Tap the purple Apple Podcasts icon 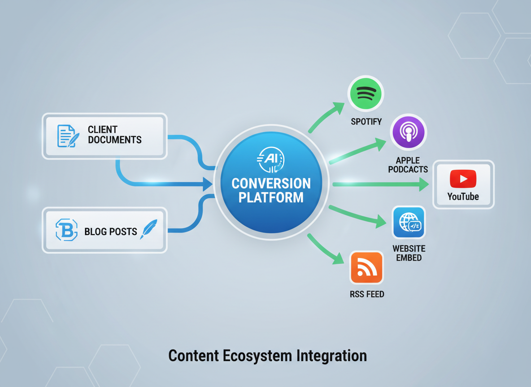coord(408,132)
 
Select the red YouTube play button coord(463,179)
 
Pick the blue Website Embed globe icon coord(409,223)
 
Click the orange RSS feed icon coord(366,267)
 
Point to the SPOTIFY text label coord(366,121)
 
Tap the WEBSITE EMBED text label coord(409,253)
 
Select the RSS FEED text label coord(367,294)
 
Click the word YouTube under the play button coord(463,196)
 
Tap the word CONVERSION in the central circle coord(271,184)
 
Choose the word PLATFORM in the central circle coord(271,197)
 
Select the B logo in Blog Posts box coord(66,230)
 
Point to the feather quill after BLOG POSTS coord(148,229)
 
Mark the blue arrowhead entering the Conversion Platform coord(207,184)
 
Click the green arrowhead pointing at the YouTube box coord(423,184)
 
